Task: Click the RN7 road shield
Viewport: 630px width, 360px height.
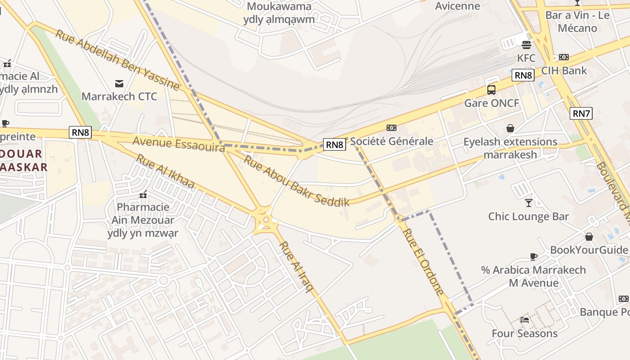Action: (581, 113)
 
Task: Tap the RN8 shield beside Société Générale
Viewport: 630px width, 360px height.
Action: (335, 144)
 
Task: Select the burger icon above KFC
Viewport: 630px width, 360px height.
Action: (526, 45)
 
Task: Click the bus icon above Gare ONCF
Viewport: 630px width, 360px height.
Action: (491, 90)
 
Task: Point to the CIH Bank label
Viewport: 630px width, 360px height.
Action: (564, 70)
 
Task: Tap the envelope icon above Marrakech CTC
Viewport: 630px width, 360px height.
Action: (119, 83)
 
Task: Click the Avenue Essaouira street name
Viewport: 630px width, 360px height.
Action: (178, 144)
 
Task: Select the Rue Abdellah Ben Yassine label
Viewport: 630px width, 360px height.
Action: (117, 59)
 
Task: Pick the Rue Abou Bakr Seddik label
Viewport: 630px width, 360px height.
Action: (296, 181)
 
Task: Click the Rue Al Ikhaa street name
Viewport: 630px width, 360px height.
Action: (165, 171)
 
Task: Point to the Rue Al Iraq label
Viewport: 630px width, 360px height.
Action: (296, 267)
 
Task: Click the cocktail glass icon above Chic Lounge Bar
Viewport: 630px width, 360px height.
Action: (529, 203)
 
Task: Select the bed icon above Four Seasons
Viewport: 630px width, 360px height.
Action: (525, 320)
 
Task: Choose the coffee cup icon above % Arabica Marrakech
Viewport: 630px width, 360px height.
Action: (534, 256)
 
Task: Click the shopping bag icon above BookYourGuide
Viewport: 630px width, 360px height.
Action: (589, 237)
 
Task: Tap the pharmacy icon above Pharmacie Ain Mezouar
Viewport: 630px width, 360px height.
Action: (143, 194)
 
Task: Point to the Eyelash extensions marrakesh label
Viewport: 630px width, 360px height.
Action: (510, 148)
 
